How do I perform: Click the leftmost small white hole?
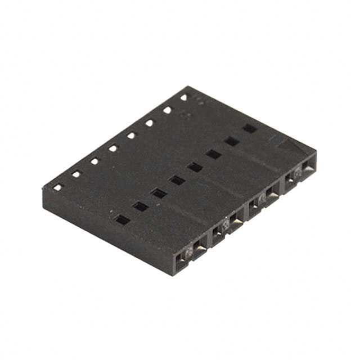coord(57,187)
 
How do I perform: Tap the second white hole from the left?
coord(76,174)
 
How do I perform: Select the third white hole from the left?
coord(94,161)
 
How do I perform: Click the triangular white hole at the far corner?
coord(184,97)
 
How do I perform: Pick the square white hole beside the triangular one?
coord(167,110)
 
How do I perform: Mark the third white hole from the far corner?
coord(149,123)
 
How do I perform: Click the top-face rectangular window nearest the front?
coord(121,220)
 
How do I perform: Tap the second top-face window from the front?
coord(140,206)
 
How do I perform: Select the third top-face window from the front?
coord(159,193)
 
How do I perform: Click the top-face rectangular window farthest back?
coord(249,128)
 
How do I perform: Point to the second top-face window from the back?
coord(231,141)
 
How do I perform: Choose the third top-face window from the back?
coord(213,154)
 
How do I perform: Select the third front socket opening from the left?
coord(218,235)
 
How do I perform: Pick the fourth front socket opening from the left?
coord(236,222)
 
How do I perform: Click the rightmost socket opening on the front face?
coord(308,168)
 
